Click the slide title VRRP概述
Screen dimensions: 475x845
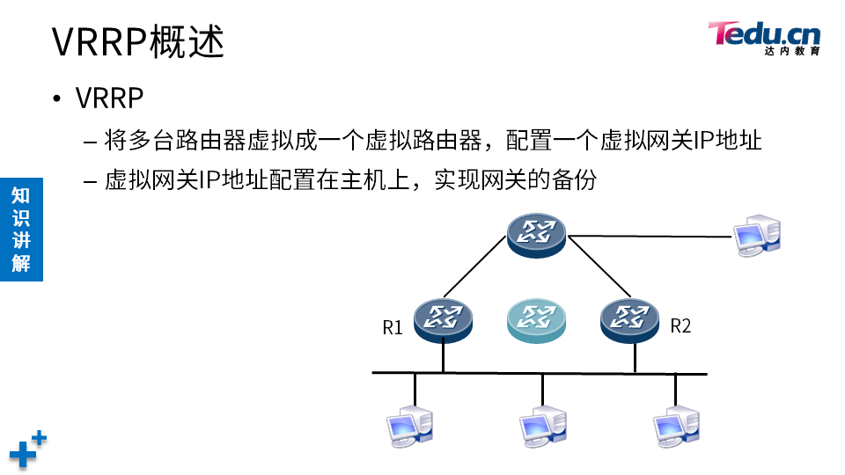click(138, 42)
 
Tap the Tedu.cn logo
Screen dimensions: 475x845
click(764, 37)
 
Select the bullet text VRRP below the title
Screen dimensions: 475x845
click(109, 98)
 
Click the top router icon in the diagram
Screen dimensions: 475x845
click(537, 233)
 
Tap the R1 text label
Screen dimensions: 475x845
click(393, 328)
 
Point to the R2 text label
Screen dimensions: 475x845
click(680, 326)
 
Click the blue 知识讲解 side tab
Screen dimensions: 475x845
click(21, 229)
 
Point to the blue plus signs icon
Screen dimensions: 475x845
click(27, 449)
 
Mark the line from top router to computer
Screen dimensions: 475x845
click(651, 236)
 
